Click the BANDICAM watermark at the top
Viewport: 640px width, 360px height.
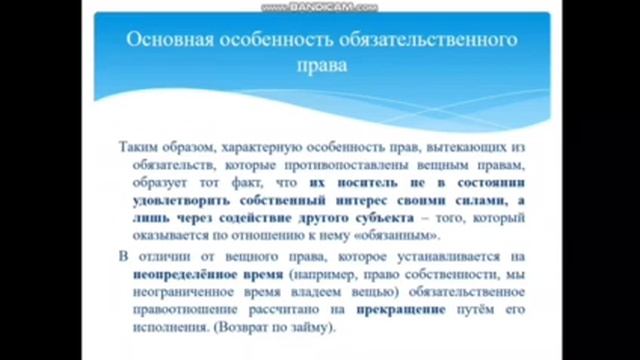[319, 6]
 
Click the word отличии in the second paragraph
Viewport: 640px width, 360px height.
[161, 257]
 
